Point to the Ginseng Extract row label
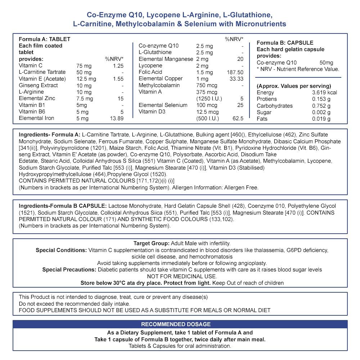point(39,85)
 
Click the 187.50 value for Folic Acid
point(235,72)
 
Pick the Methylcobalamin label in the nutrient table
point(159,85)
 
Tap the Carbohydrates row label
point(274,106)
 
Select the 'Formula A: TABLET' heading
point(44,39)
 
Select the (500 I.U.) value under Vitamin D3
point(209,118)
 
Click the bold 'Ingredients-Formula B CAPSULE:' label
point(63,206)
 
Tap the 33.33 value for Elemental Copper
point(236,79)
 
